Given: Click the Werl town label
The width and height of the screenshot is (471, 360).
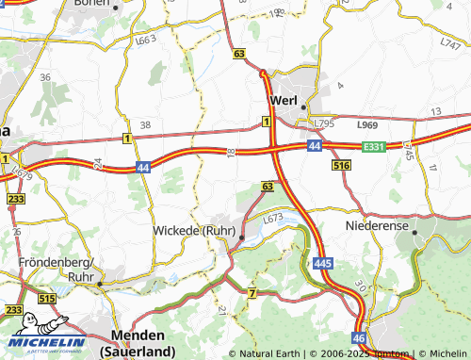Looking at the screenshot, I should pos(284,101).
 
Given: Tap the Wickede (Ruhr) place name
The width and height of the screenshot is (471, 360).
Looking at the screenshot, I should pos(193,229).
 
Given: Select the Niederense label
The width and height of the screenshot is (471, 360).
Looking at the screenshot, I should pos(378,227).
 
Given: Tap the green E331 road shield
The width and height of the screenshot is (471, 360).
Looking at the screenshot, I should pos(374,146).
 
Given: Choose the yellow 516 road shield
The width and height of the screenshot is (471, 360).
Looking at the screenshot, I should pos(342,165).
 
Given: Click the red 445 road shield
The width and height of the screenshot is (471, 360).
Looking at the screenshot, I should pos(323,260).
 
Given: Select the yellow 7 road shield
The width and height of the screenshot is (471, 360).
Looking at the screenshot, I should pos(252,294).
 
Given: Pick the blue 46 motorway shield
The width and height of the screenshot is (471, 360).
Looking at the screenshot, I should pos(359,336).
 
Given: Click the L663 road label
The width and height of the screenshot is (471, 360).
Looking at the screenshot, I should pos(146,42).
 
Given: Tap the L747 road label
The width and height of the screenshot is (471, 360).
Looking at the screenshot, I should pos(448,43).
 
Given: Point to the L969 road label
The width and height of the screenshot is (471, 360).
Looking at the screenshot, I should pos(366,124).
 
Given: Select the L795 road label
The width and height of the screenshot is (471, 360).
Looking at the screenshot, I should pos(326,123).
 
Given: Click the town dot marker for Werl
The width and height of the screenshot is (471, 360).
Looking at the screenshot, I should pos(302,106).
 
